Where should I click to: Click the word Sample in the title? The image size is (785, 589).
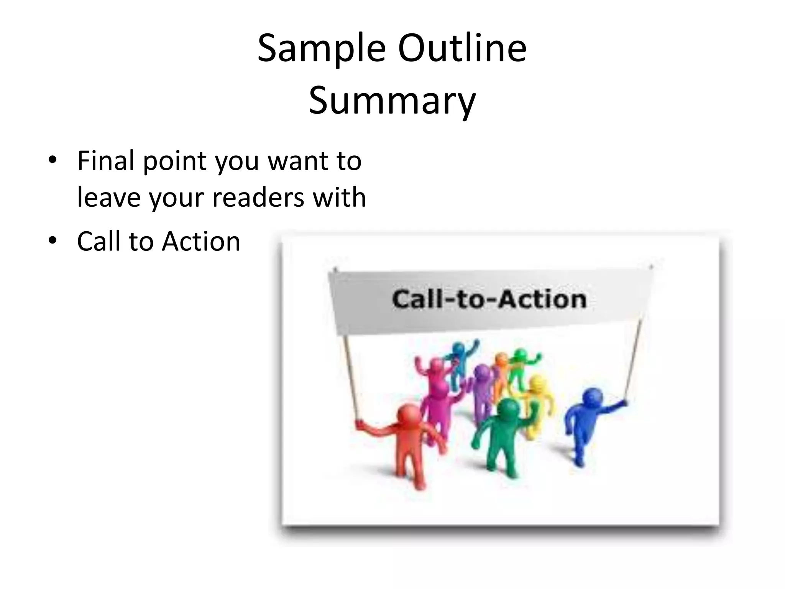(321, 49)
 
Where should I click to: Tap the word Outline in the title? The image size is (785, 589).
(462, 49)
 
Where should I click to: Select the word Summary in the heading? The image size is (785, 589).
(392, 101)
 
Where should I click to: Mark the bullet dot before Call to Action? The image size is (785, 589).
(53, 240)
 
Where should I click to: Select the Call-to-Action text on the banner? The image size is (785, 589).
(489, 299)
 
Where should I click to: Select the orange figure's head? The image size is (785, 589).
(501, 359)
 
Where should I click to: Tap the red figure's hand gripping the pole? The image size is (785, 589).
(359, 423)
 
